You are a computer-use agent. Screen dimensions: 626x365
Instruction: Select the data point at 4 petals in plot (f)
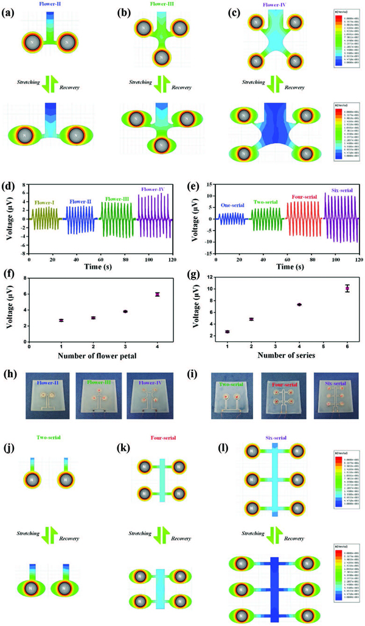[x=157, y=294]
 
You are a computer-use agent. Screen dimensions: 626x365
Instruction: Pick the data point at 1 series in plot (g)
[x=227, y=332]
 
